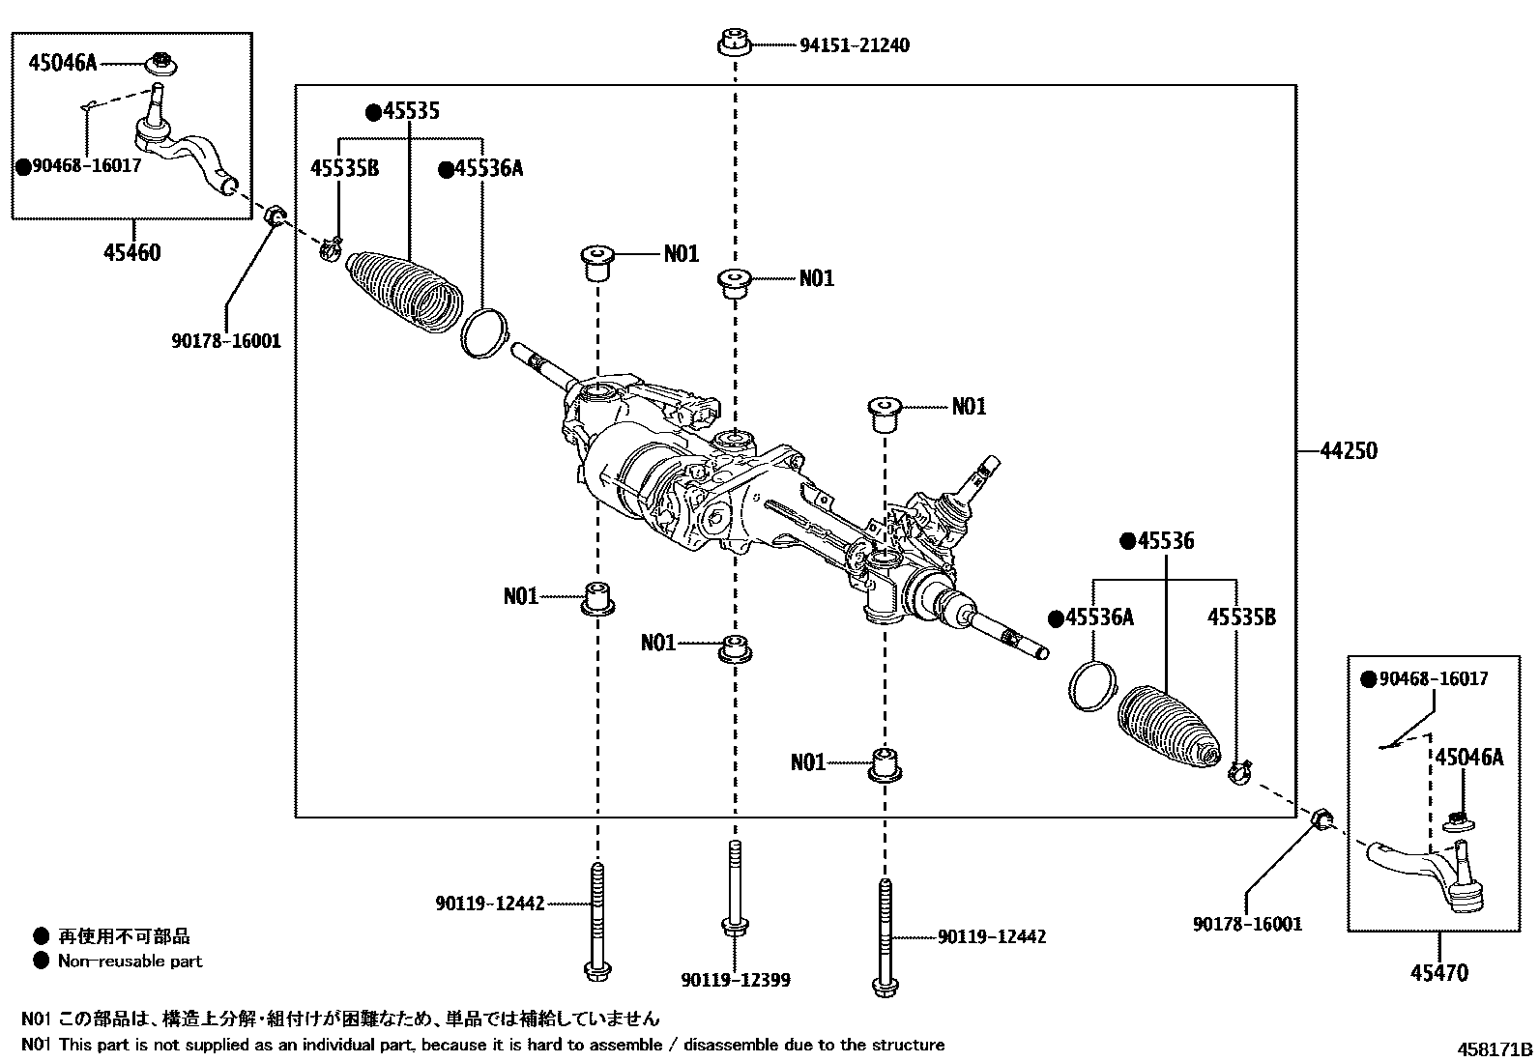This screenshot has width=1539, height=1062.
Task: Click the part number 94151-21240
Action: pos(854,45)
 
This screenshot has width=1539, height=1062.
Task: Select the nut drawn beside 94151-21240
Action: pos(735,44)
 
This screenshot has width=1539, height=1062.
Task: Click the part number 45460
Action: pos(131,253)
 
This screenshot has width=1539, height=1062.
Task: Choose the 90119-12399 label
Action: pos(735,980)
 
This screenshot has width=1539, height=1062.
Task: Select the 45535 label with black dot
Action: pos(402,112)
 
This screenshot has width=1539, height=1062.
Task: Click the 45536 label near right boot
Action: pos(1157,541)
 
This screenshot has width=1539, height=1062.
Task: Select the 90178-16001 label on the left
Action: pos(225,340)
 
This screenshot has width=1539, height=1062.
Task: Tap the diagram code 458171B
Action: pos(1495,1048)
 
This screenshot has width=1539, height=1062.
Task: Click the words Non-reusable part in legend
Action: pos(130,961)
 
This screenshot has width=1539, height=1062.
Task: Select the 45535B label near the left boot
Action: pos(344,169)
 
